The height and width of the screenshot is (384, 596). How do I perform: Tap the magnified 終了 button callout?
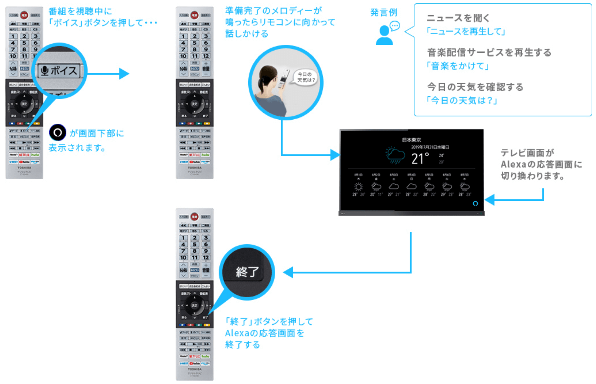(x=247, y=272)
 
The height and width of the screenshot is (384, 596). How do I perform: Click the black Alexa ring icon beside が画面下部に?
(x=57, y=133)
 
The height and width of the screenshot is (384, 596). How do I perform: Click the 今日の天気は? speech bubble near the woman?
(x=306, y=77)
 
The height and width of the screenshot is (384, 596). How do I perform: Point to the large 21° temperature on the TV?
(x=420, y=159)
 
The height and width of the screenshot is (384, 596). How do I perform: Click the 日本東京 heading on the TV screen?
(x=411, y=140)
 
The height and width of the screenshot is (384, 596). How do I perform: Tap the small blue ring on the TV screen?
(x=475, y=203)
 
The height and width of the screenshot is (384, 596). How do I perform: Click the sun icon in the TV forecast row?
(x=358, y=187)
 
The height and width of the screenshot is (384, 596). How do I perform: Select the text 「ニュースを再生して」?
(x=466, y=31)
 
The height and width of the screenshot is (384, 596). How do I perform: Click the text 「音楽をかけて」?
(x=458, y=66)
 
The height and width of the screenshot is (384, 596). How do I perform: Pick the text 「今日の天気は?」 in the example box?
(x=462, y=100)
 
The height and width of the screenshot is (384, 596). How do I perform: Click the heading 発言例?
(x=384, y=12)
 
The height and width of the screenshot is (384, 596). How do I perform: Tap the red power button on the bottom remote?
(x=194, y=216)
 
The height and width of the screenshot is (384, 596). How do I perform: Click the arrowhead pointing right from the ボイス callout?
(x=124, y=74)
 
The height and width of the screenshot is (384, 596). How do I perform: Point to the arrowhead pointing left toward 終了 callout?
(x=288, y=272)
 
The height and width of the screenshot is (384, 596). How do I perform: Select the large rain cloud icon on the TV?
(x=395, y=154)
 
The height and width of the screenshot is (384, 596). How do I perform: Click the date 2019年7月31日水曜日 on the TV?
(x=430, y=147)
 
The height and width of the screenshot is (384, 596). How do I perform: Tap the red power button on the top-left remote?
(x=24, y=15)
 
